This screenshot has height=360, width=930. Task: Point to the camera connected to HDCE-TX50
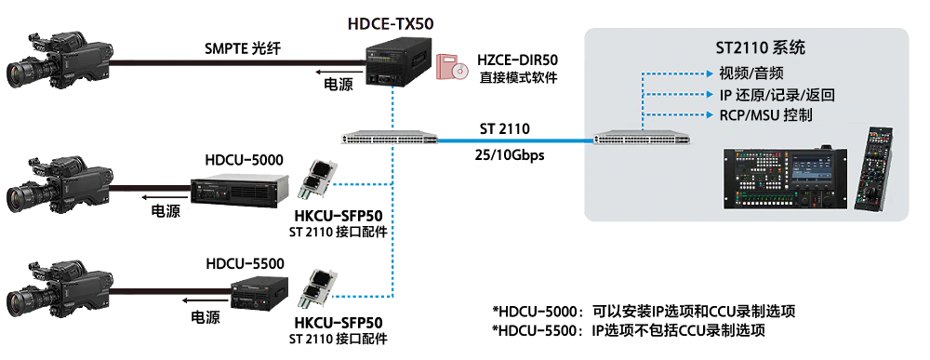pos(60,60)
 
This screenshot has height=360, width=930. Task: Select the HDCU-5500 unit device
pos(259,294)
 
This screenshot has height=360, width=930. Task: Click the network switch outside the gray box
pos(389,139)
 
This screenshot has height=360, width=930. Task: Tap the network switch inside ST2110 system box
pos(643,140)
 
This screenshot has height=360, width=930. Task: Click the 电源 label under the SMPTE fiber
pos(339,85)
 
